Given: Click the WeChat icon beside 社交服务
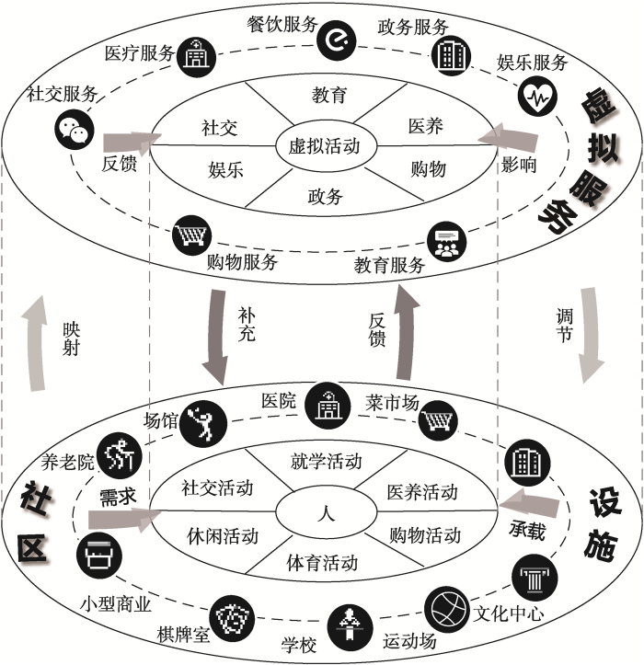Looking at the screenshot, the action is [x=75, y=130].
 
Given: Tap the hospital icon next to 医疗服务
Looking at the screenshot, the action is [x=196, y=57].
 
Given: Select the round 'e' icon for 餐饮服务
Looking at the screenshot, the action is [x=336, y=40].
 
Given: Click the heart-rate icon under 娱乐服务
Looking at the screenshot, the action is [x=537, y=97].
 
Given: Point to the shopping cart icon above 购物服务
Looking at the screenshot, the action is [x=191, y=235].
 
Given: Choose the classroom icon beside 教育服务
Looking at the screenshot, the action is [x=447, y=241].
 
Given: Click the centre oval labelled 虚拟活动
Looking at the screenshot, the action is [x=326, y=146].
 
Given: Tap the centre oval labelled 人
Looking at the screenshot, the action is [x=326, y=512].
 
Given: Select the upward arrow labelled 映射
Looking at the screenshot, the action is [x=36, y=343].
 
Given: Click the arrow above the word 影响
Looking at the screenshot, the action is [x=508, y=138].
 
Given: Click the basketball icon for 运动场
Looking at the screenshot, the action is [x=447, y=610].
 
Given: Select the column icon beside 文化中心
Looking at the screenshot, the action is [x=535, y=578].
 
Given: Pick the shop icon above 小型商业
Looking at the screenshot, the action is [x=99, y=556].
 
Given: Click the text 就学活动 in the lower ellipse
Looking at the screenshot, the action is [x=326, y=461].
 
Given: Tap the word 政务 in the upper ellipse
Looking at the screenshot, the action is [x=325, y=196].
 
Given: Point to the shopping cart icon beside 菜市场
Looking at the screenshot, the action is [x=439, y=420].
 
